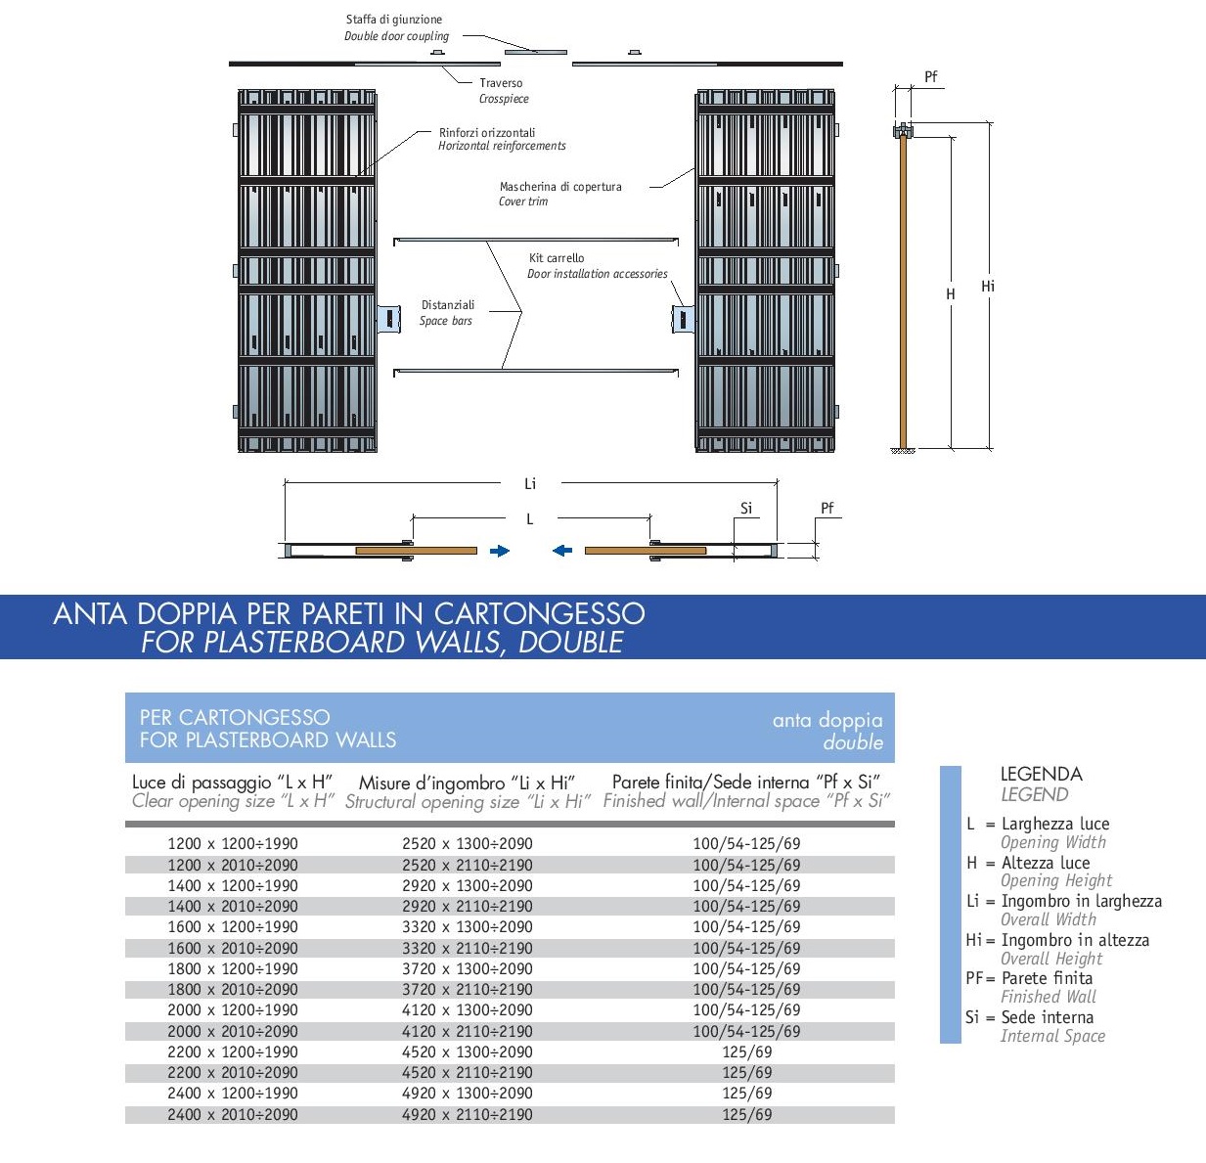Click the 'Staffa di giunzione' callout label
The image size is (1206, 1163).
(393, 20)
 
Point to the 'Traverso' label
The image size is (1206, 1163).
(501, 83)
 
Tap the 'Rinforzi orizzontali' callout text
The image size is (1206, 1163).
(486, 133)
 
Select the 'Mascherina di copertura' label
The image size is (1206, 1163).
(560, 187)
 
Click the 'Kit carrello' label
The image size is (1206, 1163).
(556, 258)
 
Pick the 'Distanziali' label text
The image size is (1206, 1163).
(447, 305)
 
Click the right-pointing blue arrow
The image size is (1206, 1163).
(500, 551)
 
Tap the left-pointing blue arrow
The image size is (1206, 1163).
(562, 551)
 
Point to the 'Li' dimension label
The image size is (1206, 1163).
(530, 483)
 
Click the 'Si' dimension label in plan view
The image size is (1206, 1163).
(746, 508)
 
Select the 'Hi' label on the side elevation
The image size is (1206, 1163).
(988, 287)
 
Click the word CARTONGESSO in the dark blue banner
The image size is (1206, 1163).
(539, 613)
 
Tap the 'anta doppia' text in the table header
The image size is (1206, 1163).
(827, 720)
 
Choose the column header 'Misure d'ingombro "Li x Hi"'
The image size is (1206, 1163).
(468, 783)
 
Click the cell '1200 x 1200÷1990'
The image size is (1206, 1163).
(233, 843)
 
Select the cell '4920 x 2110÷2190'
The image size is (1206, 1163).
(468, 1114)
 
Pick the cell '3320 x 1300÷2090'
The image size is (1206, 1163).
(468, 926)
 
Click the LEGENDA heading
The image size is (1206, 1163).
(1041, 774)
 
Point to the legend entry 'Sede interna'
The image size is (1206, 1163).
(1048, 1017)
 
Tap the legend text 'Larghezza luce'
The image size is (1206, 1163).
(1055, 824)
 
